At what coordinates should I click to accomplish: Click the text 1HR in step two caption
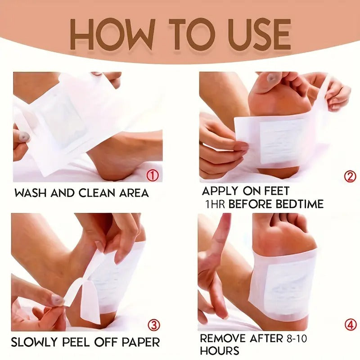tap(216, 204)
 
